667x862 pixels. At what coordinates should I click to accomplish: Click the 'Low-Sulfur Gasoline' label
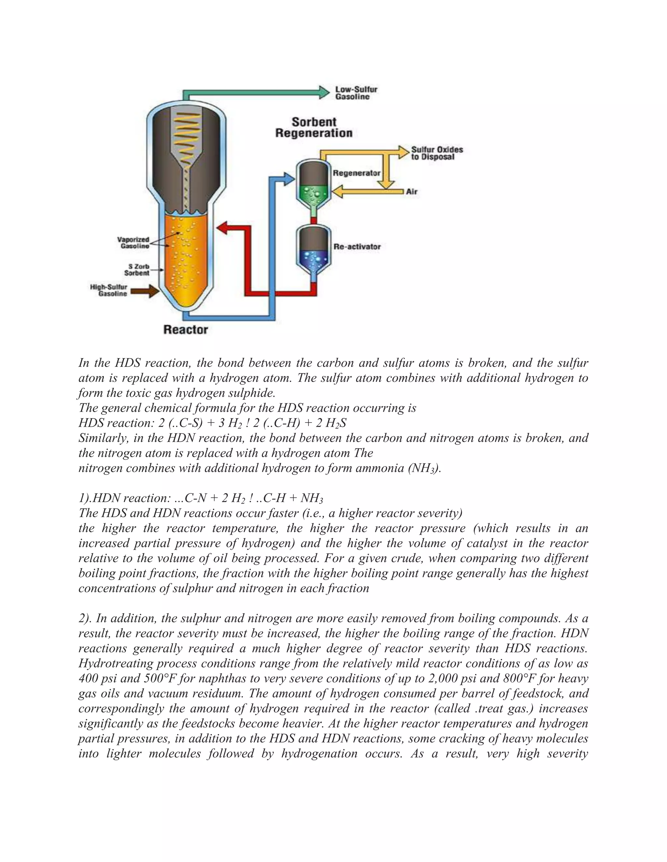tap(356, 93)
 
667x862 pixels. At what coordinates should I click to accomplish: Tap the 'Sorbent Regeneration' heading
tap(313, 128)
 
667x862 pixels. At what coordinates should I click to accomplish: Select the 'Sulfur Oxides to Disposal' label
tap(437, 153)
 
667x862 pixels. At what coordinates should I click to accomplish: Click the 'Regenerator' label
tap(356, 173)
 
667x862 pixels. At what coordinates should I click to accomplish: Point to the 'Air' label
tap(411, 192)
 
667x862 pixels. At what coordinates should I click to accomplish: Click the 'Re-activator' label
tap(357, 247)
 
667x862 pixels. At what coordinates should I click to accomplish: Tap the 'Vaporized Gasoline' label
tap(133, 242)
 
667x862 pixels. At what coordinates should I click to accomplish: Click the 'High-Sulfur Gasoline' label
tap(109, 290)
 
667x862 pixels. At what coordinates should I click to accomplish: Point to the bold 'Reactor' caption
tap(185, 329)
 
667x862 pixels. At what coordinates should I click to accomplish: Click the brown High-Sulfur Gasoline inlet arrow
tap(145, 292)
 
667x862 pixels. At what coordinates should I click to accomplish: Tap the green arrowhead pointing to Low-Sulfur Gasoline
tap(324, 92)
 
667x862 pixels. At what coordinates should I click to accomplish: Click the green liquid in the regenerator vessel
tap(313, 194)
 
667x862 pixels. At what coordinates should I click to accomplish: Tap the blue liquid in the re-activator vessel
tap(313, 259)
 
